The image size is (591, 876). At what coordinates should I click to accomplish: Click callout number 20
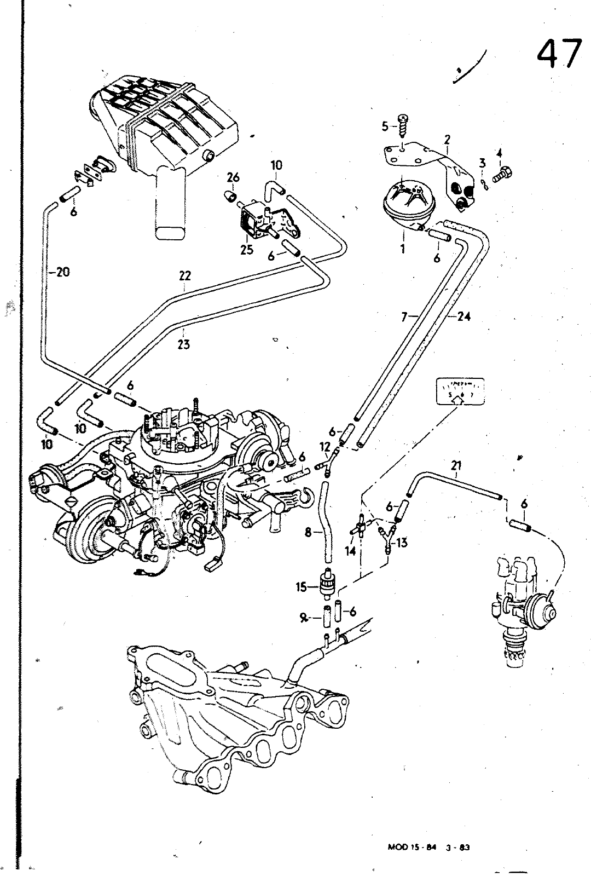click(x=62, y=272)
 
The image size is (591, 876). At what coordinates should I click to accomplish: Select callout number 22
click(x=184, y=276)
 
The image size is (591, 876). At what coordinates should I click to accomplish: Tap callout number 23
click(x=184, y=344)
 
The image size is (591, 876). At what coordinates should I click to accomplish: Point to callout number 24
click(x=463, y=316)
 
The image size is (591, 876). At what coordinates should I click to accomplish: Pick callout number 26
click(x=233, y=177)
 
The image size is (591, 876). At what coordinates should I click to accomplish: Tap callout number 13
click(x=402, y=543)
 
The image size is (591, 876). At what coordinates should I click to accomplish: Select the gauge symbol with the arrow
click(x=461, y=391)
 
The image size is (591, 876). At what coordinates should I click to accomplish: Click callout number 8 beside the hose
click(x=308, y=531)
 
